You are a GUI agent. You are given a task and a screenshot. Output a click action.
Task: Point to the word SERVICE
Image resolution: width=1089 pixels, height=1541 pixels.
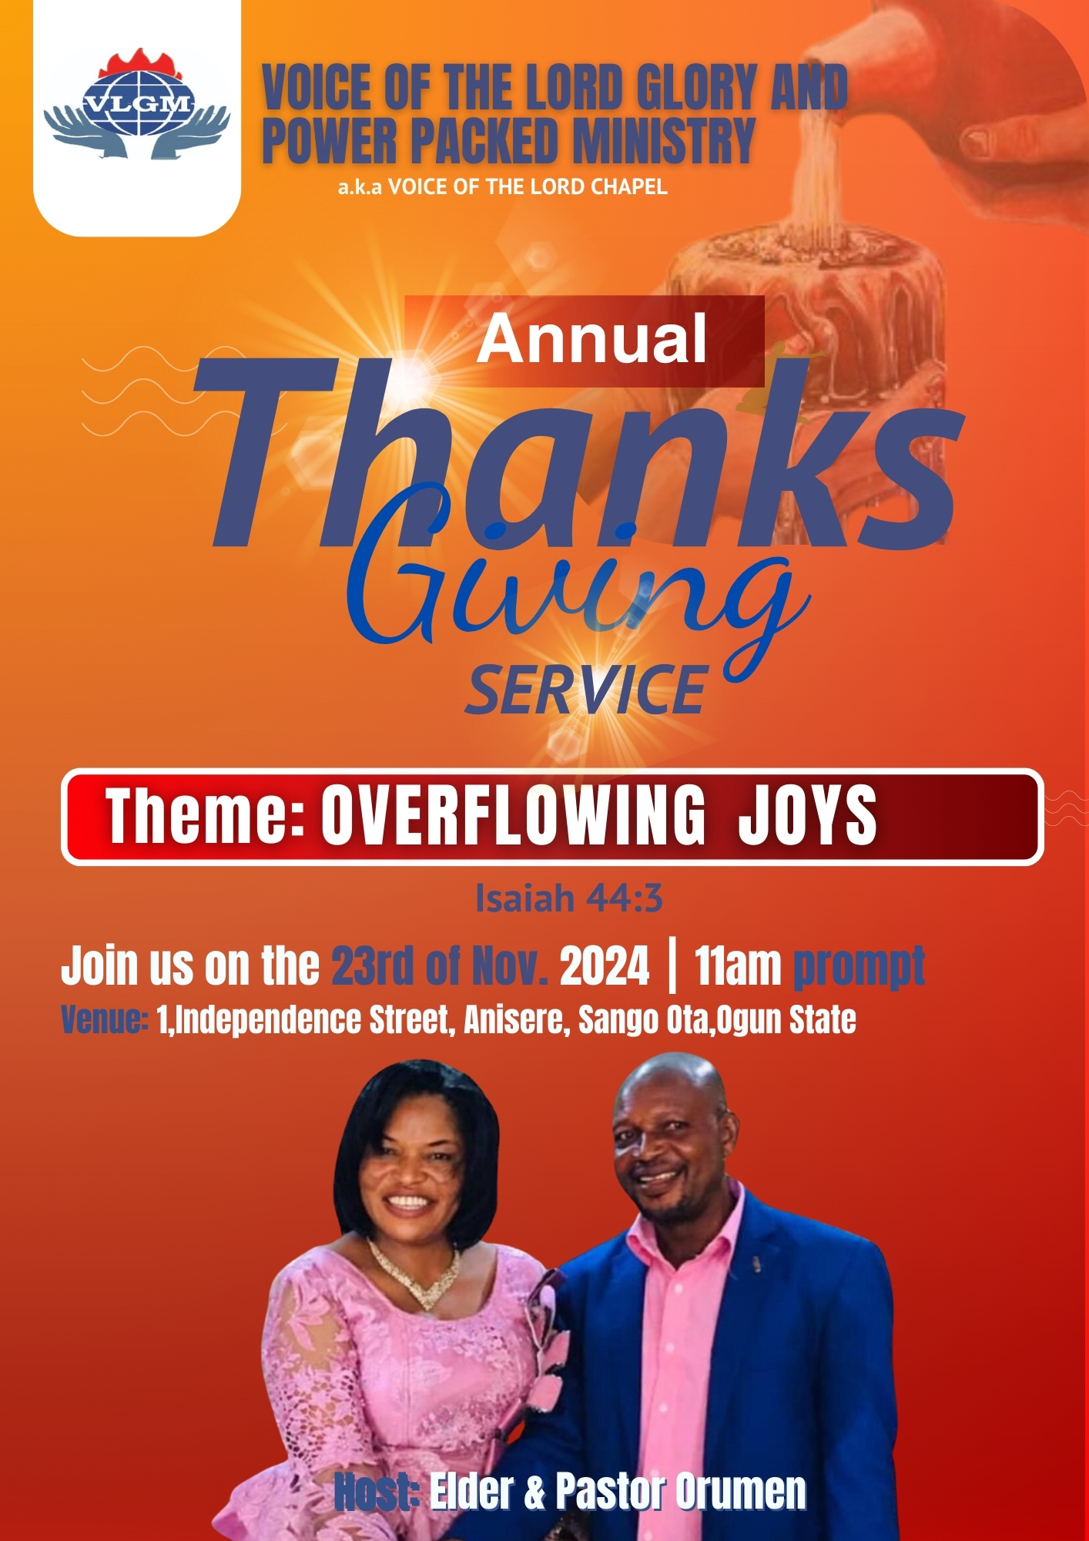(x=586, y=690)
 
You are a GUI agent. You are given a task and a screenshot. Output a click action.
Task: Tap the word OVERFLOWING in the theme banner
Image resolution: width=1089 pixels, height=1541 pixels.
(x=513, y=815)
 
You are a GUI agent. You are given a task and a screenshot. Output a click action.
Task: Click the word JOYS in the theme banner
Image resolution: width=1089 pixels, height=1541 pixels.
(x=808, y=815)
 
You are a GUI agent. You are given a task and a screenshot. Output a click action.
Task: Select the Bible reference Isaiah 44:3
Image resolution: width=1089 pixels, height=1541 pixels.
(x=569, y=898)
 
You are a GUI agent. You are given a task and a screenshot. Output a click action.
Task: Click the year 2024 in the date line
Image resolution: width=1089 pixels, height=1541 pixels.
(x=605, y=965)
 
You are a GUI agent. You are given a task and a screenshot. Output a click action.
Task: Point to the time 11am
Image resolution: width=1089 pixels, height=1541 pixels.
(x=738, y=965)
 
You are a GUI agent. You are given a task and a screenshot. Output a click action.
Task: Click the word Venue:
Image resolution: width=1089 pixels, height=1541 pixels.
(x=105, y=1019)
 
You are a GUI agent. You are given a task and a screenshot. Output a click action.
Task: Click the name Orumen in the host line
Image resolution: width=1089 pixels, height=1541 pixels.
(x=741, y=1491)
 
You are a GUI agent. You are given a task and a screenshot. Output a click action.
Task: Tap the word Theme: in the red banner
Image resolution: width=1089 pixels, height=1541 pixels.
(x=205, y=815)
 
